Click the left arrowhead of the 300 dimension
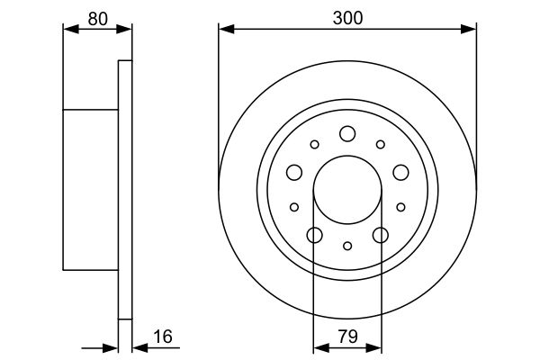tap(225, 30)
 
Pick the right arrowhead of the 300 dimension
tap(470, 30)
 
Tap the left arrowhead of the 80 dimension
tap(68, 30)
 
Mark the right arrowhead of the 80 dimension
tap(126, 30)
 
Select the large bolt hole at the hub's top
tap(347, 134)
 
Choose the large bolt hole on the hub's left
tap(294, 172)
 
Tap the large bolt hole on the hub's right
tap(400, 172)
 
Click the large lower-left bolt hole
tap(314, 235)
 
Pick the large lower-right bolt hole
tap(380, 235)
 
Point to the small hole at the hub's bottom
tap(347, 245)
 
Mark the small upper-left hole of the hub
tap(314, 144)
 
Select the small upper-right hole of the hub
tap(380, 144)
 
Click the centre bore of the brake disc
tap(347, 191)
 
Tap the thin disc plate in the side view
tap(125, 189)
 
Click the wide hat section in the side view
tap(90, 189)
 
